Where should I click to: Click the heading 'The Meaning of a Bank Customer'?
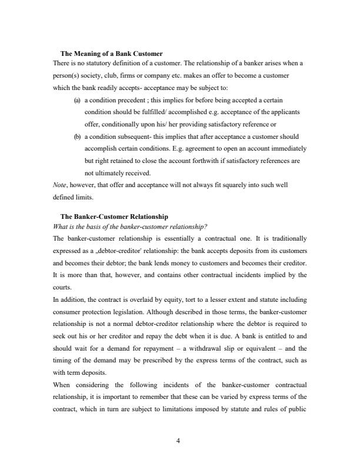click(111, 54)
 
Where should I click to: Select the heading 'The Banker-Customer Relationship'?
click(114, 217)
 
